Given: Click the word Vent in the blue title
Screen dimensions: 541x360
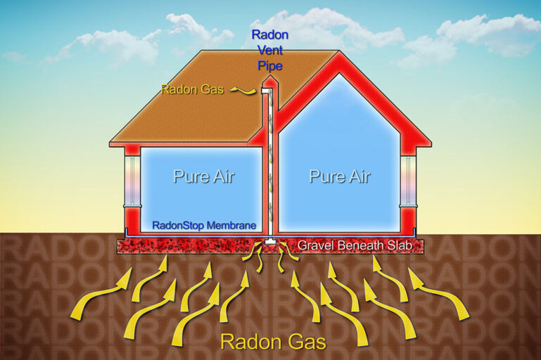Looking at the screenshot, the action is (x=270, y=51).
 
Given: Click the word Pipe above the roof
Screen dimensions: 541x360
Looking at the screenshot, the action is (x=270, y=65).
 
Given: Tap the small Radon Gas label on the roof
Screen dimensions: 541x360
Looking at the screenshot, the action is (x=193, y=90).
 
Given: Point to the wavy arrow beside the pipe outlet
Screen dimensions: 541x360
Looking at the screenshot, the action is (x=243, y=91).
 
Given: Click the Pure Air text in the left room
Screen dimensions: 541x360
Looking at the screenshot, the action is (x=204, y=176).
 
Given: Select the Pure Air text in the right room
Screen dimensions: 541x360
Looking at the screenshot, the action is (x=340, y=176).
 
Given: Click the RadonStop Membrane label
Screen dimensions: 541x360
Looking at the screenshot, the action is (x=204, y=226).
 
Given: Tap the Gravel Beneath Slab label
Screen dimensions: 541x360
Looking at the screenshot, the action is (x=355, y=245).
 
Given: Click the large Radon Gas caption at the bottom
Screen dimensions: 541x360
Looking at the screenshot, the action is (x=273, y=342).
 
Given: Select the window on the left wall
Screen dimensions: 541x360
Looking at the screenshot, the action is (x=132, y=180).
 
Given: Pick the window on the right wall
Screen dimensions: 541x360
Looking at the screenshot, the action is (x=409, y=180).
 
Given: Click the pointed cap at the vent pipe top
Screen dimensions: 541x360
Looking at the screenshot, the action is (x=270, y=81).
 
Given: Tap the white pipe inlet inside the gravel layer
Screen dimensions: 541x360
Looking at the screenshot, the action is (x=270, y=241).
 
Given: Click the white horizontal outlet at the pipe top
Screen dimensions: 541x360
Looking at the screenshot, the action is (x=265, y=90).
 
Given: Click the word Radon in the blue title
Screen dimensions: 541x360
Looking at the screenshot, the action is (x=270, y=35).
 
